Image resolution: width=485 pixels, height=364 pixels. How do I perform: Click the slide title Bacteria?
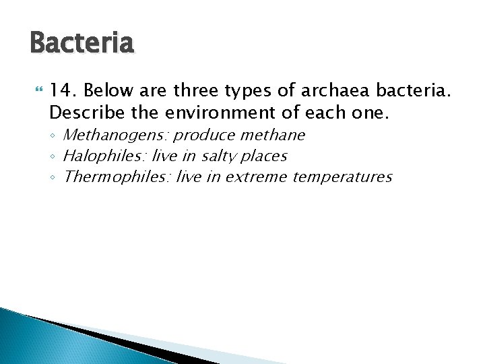click(82, 44)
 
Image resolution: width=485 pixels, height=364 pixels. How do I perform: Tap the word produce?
click(202, 135)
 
